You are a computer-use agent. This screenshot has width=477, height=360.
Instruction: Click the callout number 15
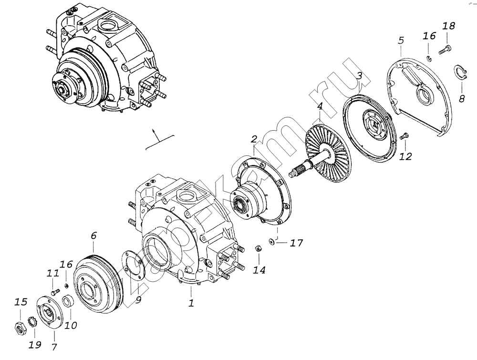pos(21,302)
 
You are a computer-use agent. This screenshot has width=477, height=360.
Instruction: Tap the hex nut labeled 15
pos(20,327)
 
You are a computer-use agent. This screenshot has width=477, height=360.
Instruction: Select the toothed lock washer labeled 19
pos(31,322)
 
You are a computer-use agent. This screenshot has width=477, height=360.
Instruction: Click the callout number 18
pos(448,26)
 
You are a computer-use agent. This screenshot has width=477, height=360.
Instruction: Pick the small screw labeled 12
pos(404,136)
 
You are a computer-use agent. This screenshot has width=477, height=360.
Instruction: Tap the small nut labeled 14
pos(258,248)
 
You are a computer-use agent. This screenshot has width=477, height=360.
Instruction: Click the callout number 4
pos(320,106)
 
